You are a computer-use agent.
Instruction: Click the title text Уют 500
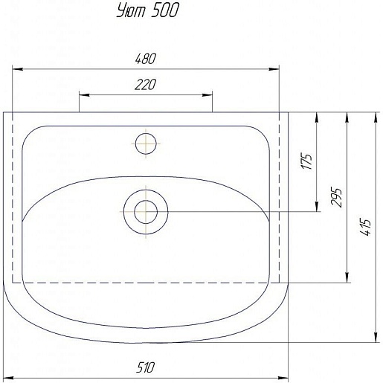coord(148,11)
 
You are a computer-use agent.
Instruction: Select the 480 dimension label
coord(146,59)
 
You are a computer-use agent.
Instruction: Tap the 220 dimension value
coord(146,85)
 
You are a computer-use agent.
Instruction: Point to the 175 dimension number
coord(307,161)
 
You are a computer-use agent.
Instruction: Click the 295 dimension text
coord(337,197)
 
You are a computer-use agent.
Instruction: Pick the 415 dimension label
coord(366,227)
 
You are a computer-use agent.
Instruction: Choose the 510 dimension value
coord(146,367)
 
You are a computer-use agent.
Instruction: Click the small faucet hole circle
coord(146,144)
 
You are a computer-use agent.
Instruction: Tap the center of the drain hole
coord(146,212)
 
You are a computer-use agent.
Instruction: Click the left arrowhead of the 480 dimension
coord(17,69)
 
